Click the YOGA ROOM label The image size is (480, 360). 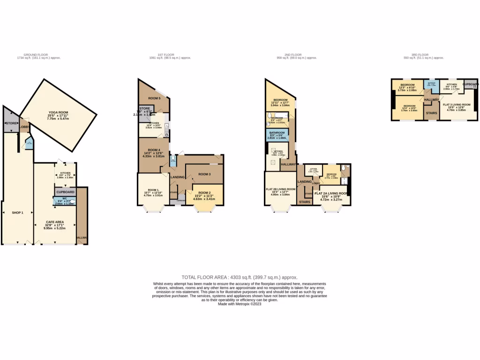click(x=59, y=112)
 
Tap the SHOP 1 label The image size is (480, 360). click(x=17, y=212)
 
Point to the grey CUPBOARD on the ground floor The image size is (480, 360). click(x=65, y=192)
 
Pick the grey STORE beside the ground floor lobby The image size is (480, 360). click(x=10, y=123)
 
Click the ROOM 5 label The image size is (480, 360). click(x=154, y=98)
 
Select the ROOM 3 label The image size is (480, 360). click(x=204, y=174)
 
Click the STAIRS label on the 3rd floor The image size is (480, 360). click(x=431, y=113)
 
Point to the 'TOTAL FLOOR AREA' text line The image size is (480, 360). click(x=240, y=277)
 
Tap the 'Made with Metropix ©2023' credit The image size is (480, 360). click(x=240, y=304)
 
